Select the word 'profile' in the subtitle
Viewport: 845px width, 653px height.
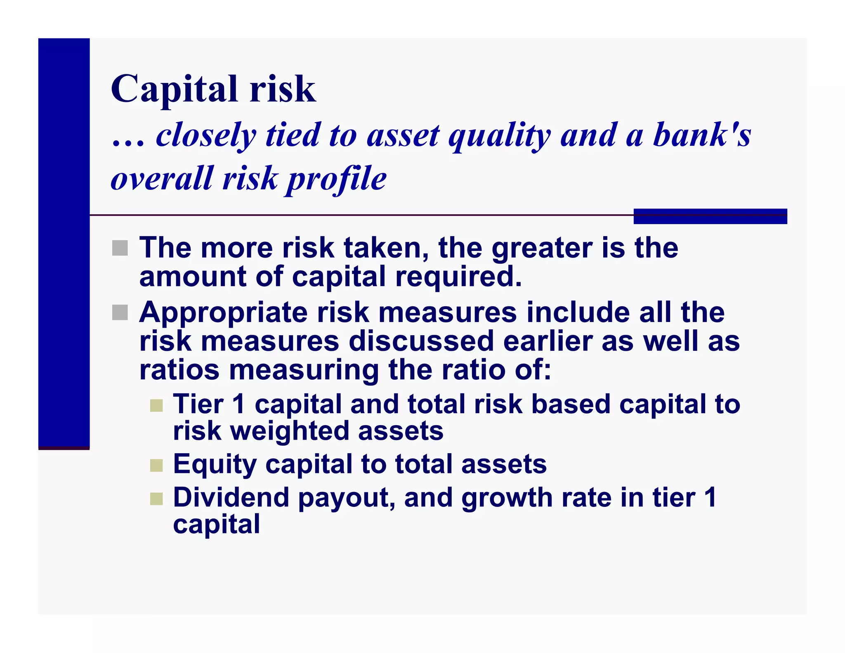coord(337,179)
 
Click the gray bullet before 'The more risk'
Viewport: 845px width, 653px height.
coord(120,248)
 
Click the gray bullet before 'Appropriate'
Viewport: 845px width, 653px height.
coord(120,312)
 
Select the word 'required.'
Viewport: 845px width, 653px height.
coord(458,277)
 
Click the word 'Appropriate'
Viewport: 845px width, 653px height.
coord(223,313)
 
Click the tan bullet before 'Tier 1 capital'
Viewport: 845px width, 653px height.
coord(156,405)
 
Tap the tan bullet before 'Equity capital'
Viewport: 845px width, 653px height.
coord(156,466)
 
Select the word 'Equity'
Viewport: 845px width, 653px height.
coord(215,465)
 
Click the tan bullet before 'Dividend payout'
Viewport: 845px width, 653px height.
coord(156,499)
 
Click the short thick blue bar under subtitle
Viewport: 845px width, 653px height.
coord(710,216)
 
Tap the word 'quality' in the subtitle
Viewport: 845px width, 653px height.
coord(499,136)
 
